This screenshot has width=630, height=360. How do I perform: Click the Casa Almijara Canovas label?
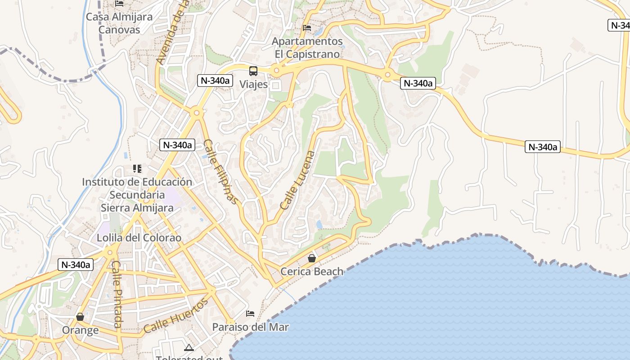click(119, 23)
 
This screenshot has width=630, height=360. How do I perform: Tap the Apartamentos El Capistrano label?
click(307, 48)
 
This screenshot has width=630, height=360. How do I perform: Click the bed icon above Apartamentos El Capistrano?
click(307, 28)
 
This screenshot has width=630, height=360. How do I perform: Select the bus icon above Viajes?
click(253, 71)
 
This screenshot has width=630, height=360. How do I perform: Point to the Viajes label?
click(253, 84)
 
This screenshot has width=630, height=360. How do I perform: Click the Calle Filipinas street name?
click(220, 171)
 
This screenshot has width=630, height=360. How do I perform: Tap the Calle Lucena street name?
click(298, 180)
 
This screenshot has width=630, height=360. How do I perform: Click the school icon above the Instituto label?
click(137, 169)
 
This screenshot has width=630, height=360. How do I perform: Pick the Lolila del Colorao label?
click(139, 238)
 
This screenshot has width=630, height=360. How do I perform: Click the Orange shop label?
click(80, 330)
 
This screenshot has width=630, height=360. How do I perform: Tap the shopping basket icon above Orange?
click(80, 317)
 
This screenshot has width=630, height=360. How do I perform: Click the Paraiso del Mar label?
click(250, 327)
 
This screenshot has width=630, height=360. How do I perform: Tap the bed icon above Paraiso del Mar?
click(250, 313)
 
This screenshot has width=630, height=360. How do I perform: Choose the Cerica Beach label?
click(312, 271)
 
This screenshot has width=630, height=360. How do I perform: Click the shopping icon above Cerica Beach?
click(311, 258)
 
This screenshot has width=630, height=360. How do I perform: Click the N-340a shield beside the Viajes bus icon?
click(215, 81)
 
